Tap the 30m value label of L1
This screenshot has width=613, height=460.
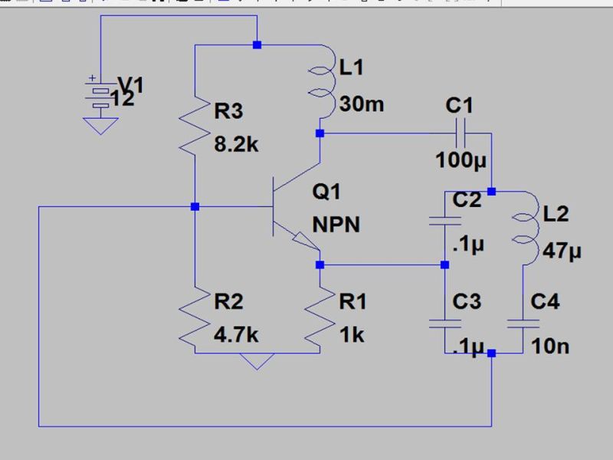361,103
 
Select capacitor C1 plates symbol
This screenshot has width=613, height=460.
461,134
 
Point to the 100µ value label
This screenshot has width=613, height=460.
461,161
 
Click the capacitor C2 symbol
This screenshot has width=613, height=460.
445,222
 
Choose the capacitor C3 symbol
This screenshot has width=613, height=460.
445,323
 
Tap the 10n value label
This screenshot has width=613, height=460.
549,347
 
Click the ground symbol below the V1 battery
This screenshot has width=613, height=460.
98,126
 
